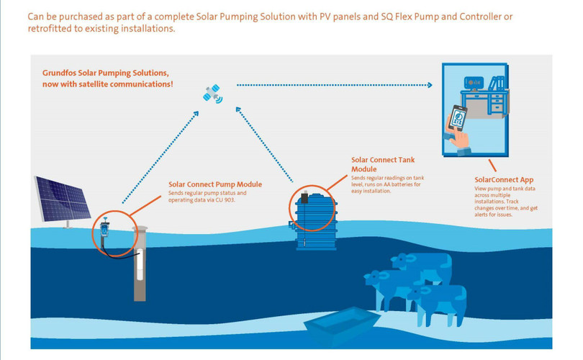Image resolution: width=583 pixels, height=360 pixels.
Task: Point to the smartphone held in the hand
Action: point(457,119)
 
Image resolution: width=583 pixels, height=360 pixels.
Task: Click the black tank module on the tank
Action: point(305,196)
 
